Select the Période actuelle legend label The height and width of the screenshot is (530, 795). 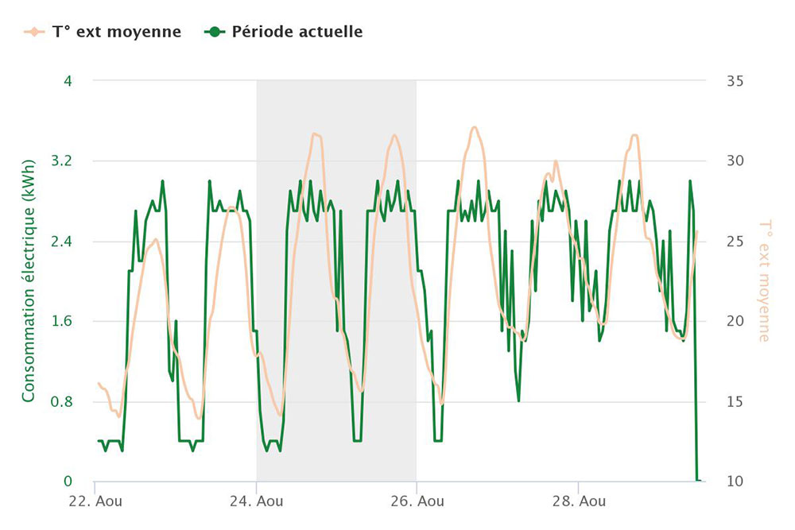(x=297, y=32)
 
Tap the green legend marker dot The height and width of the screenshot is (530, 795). (x=214, y=32)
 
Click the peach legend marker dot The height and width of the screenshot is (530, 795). (x=33, y=32)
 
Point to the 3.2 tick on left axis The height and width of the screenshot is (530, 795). (x=60, y=161)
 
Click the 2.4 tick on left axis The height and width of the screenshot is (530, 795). (x=60, y=242)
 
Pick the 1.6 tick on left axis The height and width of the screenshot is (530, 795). (x=60, y=322)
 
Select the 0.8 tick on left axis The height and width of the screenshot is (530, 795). (x=60, y=402)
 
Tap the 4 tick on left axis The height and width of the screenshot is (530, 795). (x=67, y=81)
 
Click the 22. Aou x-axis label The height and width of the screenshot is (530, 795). (x=95, y=501)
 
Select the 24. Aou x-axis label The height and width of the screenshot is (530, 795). (x=256, y=501)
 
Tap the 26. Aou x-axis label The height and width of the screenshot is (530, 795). (x=417, y=501)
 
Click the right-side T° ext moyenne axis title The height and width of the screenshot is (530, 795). (x=764, y=281)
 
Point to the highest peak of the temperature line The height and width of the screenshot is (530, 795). (x=475, y=127)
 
